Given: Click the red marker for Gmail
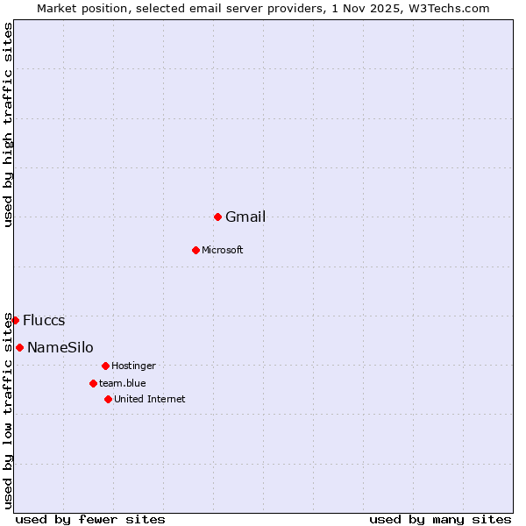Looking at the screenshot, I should click(217, 217).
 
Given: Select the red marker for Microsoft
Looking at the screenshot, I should click(195, 250).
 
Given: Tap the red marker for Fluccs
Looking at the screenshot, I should click(15, 320).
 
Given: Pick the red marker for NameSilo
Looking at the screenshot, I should click(19, 347).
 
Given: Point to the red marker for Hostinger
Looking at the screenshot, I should click(105, 366).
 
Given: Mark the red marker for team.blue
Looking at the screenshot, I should click(93, 383).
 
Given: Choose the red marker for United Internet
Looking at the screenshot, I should click(108, 399).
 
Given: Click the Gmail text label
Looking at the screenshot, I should click(245, 217).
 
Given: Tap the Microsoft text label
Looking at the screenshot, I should click(222, 251).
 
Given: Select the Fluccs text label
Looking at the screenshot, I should click(44, 321).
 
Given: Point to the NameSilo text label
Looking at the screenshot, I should click(60, 348).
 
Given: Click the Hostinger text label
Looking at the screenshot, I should click(133, 366).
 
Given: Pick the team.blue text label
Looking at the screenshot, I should click(122, 384).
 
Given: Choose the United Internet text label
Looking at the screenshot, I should click(149, 400).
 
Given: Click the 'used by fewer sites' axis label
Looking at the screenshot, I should click(90, 519).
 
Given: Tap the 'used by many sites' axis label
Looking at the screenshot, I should click(440, 519).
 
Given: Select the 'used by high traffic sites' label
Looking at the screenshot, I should click(9, 124).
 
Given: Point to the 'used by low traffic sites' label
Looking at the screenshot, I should click(9, 409).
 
